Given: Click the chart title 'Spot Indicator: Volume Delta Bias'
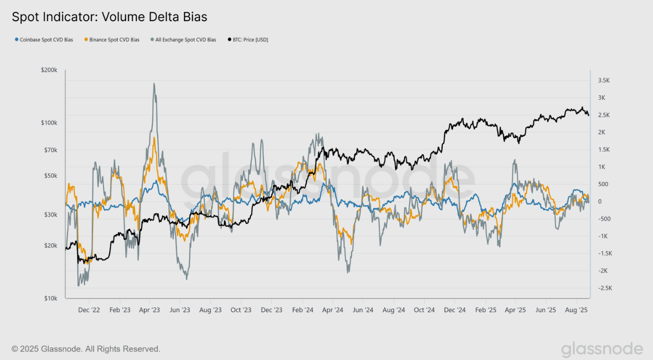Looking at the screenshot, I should point(109,17).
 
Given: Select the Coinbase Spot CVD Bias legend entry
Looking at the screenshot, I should point(44,39).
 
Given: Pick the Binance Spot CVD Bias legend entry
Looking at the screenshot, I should point(112,39).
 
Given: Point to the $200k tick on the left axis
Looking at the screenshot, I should point(49,70).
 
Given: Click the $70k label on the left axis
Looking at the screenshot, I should point(50,150).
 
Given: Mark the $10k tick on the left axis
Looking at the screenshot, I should point(50,298).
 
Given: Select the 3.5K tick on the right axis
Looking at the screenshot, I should point(604,80).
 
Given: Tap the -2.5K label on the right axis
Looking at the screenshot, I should point(604,288).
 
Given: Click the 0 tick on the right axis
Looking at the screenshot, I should point(600,201).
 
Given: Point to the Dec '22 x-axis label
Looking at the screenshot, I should point(89,310).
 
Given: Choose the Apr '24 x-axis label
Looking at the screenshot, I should point(333,310).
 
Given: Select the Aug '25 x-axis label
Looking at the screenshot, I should point(576,310).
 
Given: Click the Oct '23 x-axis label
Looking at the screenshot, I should point(241,310).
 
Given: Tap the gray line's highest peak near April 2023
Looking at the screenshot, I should point(154,84).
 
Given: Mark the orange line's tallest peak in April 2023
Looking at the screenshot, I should point(154,138).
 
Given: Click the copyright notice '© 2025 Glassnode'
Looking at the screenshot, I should point(86,349).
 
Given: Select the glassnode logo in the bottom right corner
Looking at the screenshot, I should point(602,349).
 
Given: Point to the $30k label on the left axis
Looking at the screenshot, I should point(50,215).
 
